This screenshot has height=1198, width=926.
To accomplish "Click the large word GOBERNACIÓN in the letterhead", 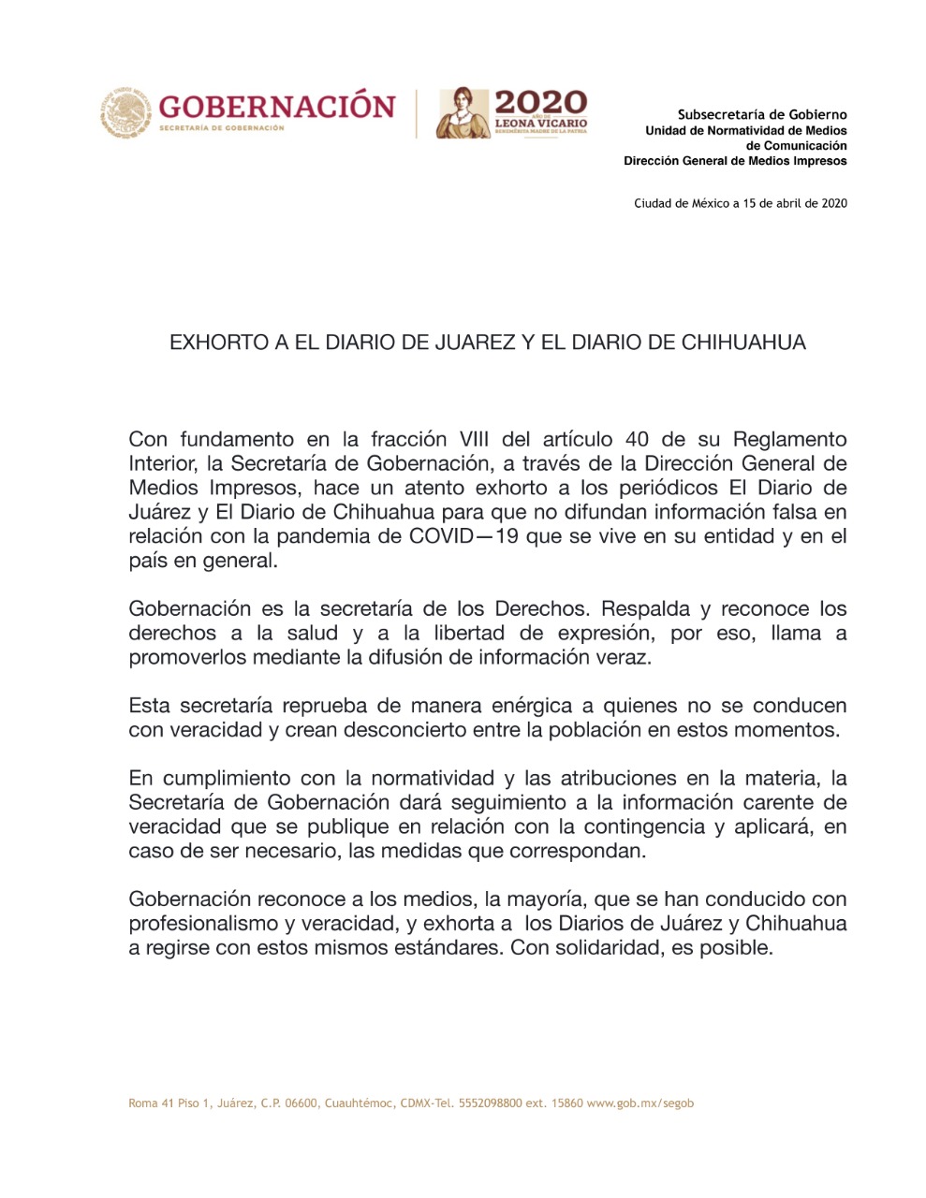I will [x=276, y=106].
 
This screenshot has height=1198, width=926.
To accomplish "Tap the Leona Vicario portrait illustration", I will [x=463, y=112].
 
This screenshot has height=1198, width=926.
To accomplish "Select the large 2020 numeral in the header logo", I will [x=540, y=102].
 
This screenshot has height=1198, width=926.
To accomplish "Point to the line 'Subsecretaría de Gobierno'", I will [x=762, y=115].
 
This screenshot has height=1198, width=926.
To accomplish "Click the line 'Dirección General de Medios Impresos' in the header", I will [x=735, y=161].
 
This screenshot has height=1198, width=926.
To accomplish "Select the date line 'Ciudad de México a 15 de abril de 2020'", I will [x=740, y=203].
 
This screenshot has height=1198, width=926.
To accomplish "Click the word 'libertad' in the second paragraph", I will [x=468, y=633].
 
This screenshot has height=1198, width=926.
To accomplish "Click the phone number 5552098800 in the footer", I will [x=491, y=1103].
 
